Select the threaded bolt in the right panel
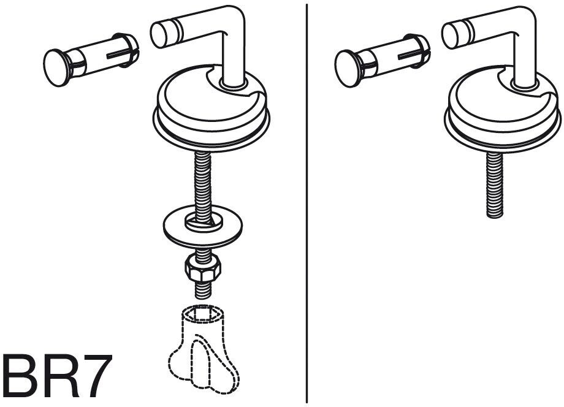click(495, 184)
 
